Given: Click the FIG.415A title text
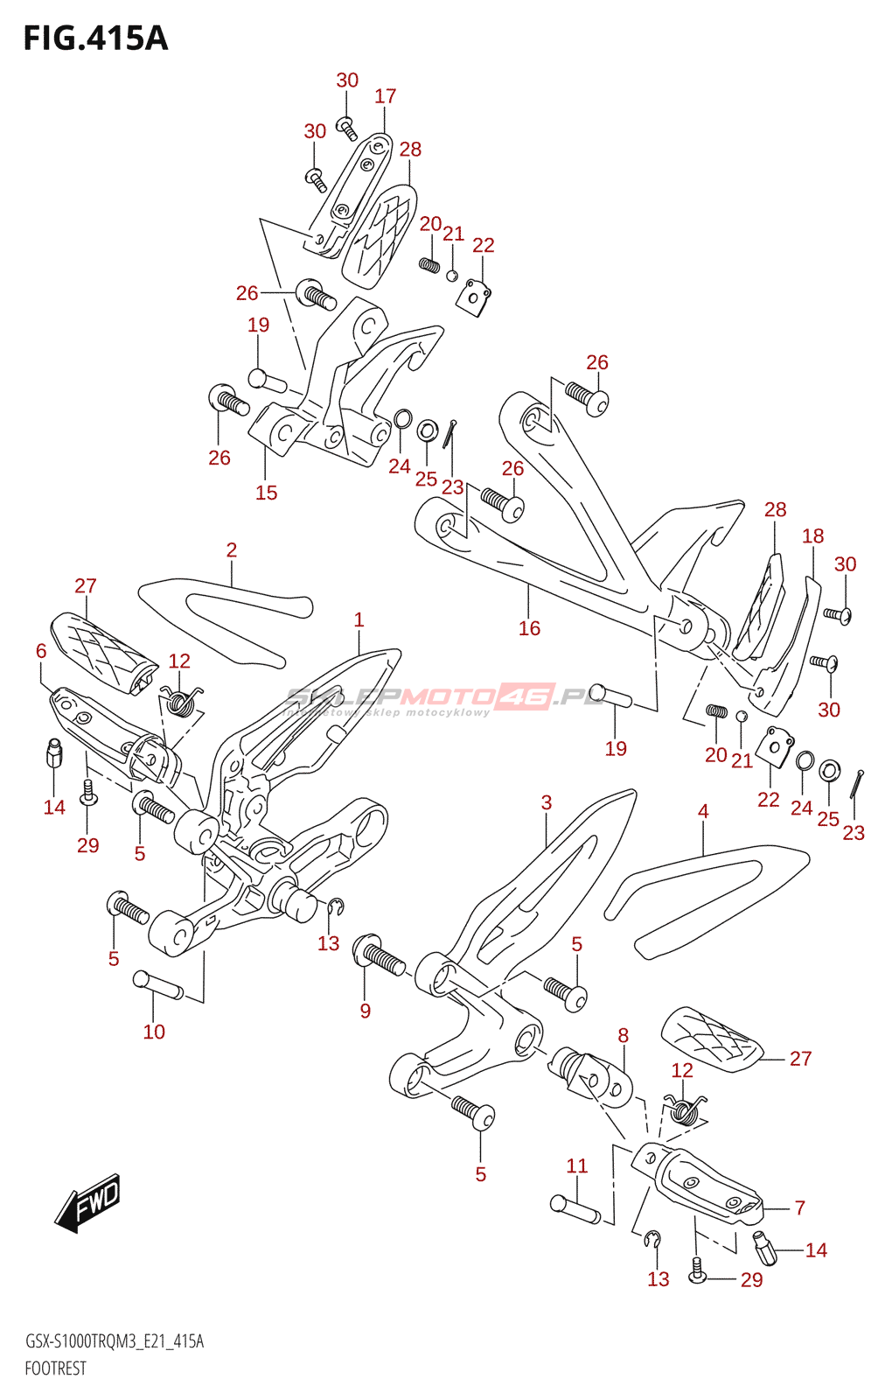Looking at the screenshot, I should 94,38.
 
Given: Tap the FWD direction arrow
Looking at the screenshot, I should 88,1201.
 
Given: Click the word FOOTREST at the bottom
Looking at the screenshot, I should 55,1368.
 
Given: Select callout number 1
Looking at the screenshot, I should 359,619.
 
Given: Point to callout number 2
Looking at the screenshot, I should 232,549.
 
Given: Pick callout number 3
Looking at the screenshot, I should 547,802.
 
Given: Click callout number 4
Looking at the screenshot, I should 703,811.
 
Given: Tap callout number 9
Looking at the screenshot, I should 366,1011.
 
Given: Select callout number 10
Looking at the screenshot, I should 154,1032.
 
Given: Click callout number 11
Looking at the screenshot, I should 577,1165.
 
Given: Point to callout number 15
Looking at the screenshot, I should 267,493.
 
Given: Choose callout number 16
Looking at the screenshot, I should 529,627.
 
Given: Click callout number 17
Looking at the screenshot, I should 386,96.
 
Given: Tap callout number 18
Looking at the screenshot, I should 813,535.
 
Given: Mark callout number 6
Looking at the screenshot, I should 41,650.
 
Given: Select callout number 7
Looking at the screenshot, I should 800,1207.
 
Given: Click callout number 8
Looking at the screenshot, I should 624,1035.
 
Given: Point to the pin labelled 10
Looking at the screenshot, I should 158,984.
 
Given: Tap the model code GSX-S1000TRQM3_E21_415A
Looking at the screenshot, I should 115,1341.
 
